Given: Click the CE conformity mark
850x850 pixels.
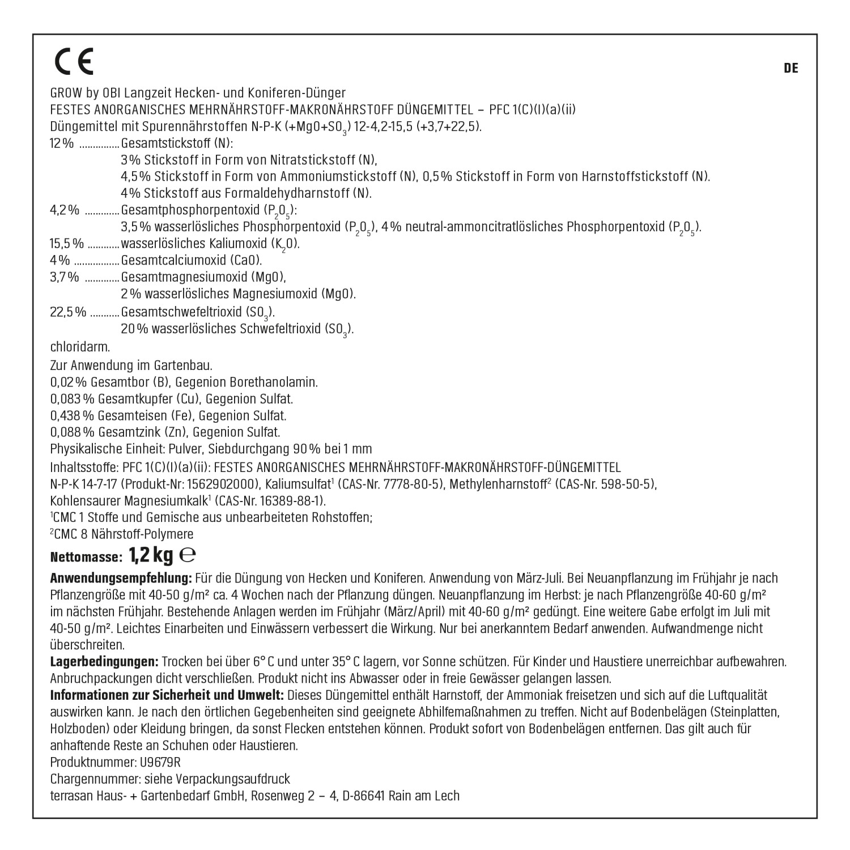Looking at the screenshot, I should pyautogui.click(x=74, y=62).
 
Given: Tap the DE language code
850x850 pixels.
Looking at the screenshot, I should pyautogui.click(x=791, y=69).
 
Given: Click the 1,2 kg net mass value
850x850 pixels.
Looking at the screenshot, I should pyautogui.click(x=151, y=556).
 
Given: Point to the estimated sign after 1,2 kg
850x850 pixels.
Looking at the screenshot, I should pyautogui.click(x=188, y=555).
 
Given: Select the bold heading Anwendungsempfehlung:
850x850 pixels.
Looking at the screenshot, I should pyautogui.click(x=121, y=579).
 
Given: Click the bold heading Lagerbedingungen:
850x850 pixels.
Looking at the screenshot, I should pyautogui.click(x=104, y=661).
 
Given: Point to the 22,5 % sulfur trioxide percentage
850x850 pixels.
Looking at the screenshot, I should pyautogui.click(x=68, y=312).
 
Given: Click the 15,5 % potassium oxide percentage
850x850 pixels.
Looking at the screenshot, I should pyautogui.click(x=66, y=244).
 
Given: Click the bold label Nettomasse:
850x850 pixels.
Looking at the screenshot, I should pyautogui.click(x=86, y=558).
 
